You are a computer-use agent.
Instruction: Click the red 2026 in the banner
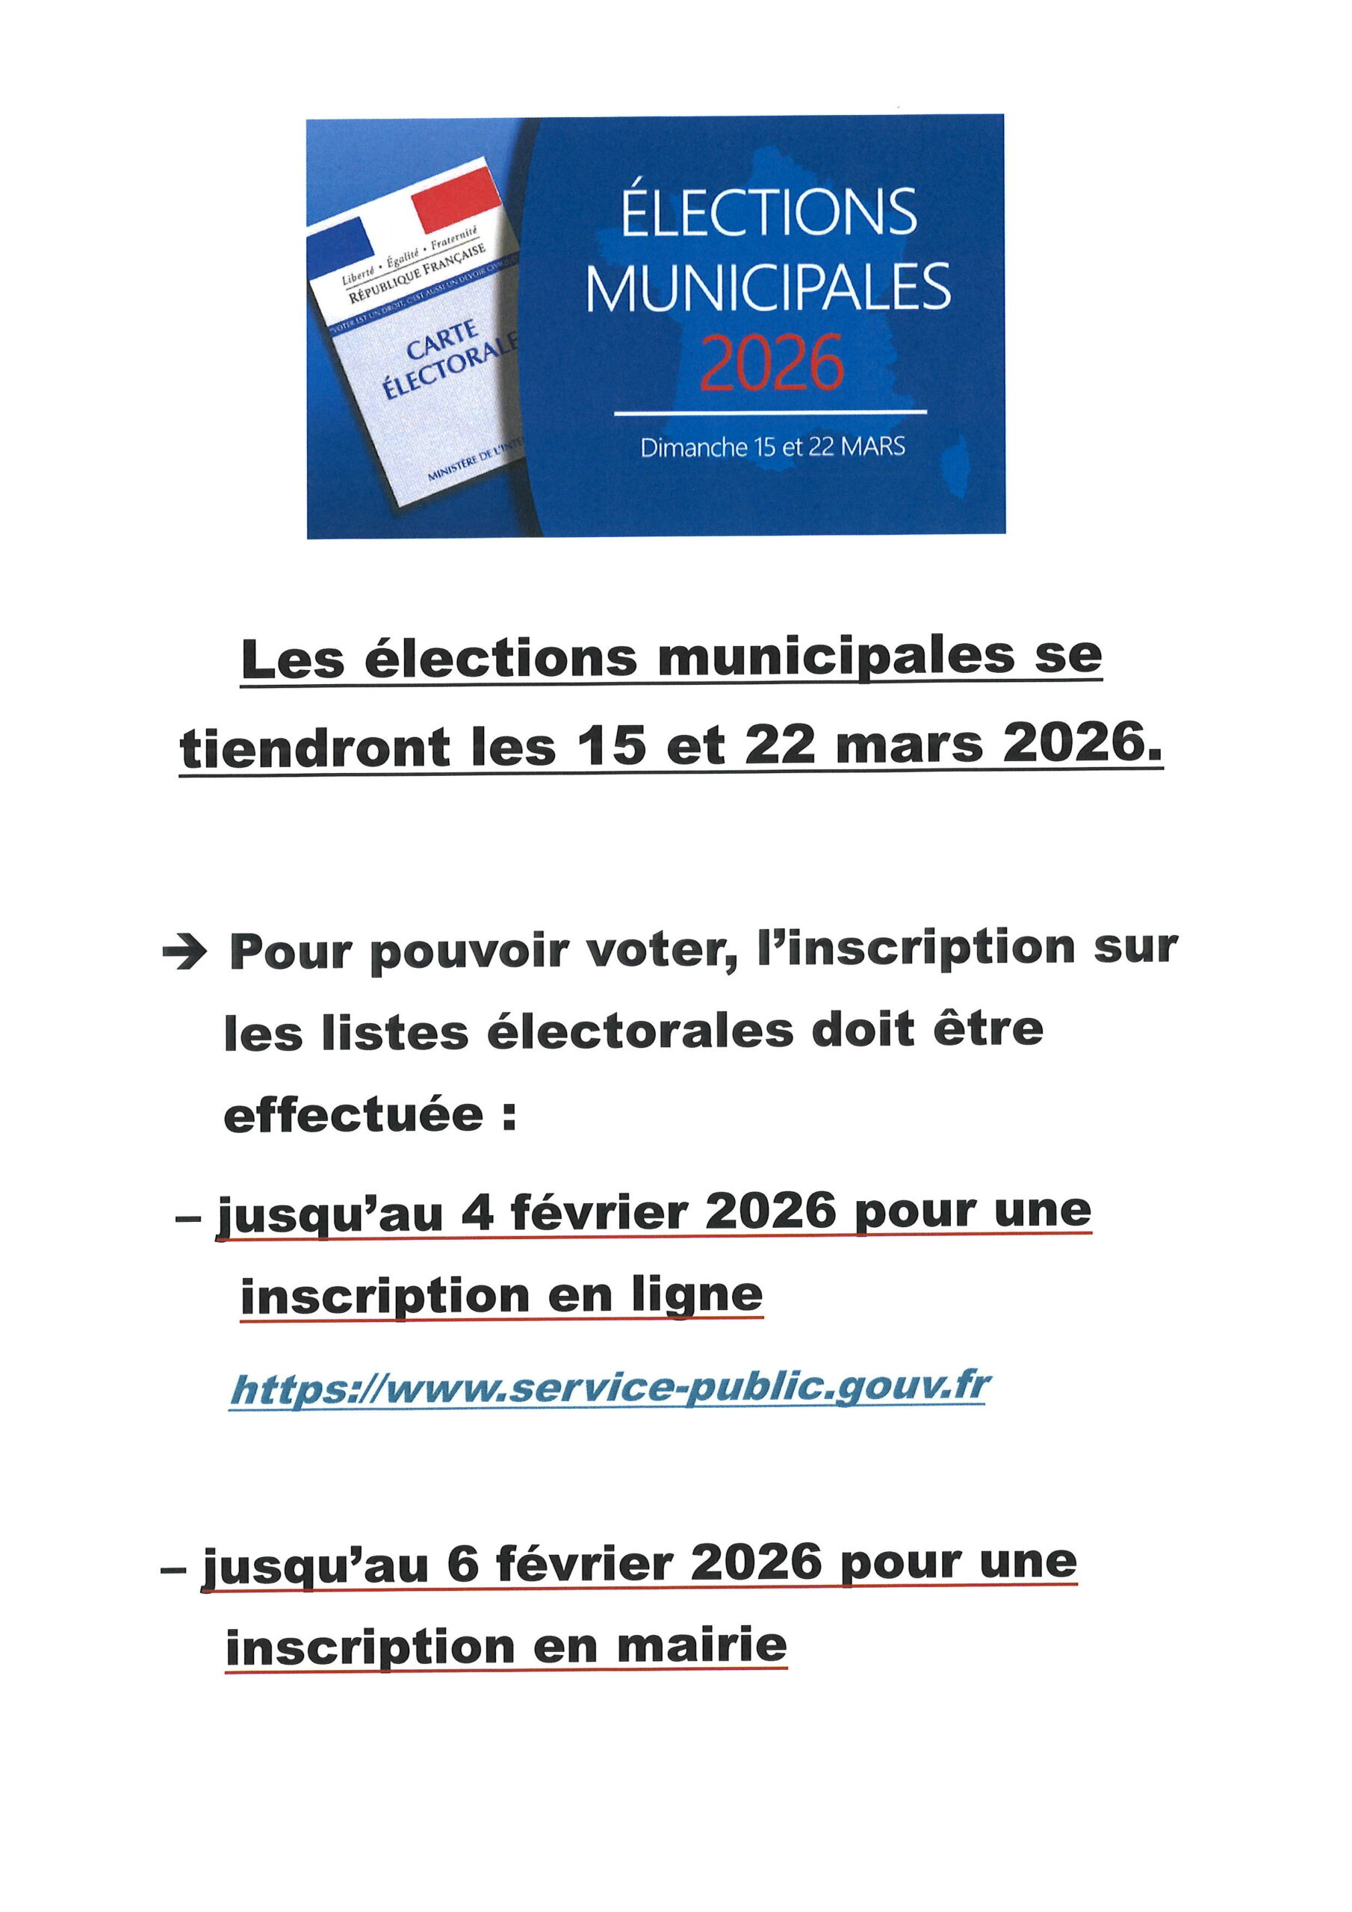pos(772,363)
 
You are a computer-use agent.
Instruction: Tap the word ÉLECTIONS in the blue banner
pos(768,212)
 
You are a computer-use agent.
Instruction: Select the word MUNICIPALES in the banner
pos(768,288)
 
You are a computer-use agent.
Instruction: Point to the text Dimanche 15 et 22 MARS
pos(772,447)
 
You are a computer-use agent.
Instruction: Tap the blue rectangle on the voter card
pos(341,240)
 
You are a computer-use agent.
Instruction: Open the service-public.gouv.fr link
pos(610,1388)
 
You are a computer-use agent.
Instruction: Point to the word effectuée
pos(353,1115)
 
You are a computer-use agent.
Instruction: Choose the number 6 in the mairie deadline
pos(463,1563)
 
